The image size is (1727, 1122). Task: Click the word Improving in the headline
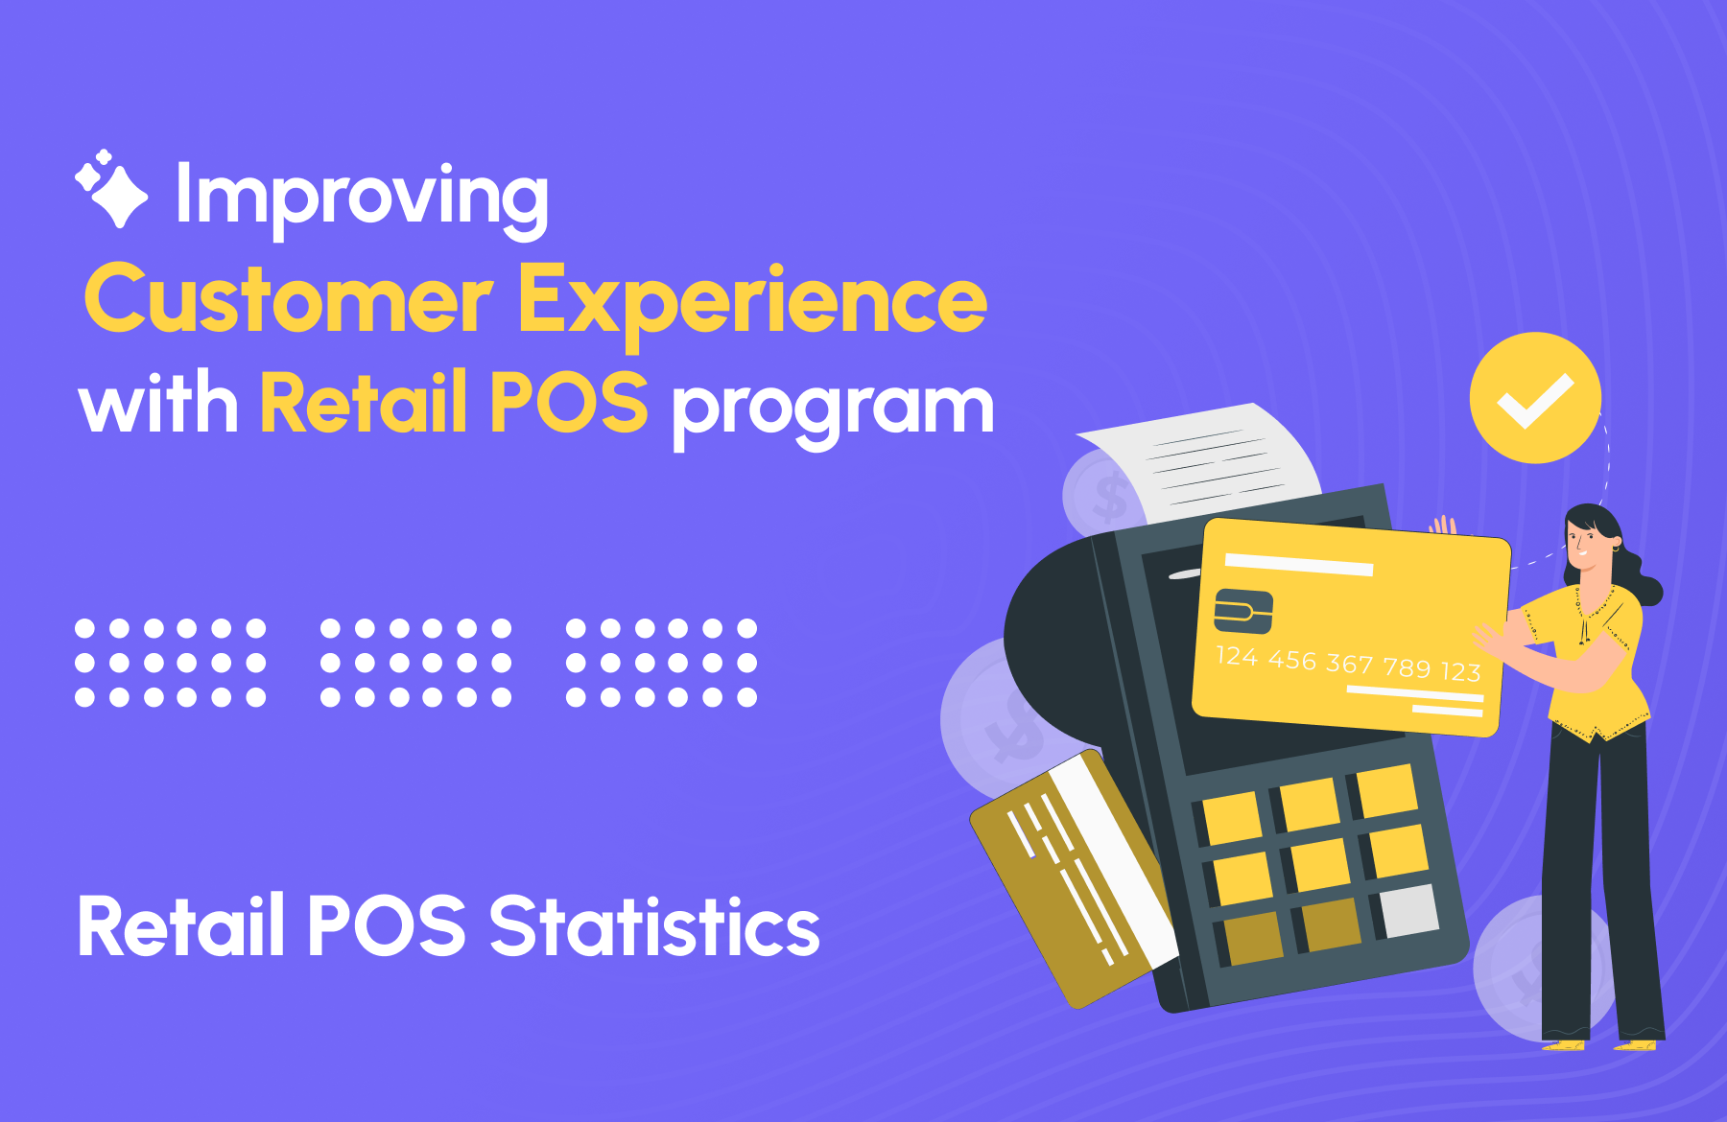tap(362, 199)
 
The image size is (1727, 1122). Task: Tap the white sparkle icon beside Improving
tap(111, 189)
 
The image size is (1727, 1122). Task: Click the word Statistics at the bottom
tap(654, 926)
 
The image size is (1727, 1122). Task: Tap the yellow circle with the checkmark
tap(1535, 398)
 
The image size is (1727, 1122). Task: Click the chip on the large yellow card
tap(1243, 611)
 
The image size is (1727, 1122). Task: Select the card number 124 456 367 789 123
tap(1348, 664)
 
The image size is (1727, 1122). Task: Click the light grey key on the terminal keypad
tap(1408, 911)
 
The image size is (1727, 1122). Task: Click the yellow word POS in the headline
tap(568, 402)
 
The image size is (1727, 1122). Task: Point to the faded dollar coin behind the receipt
tap(1103, 494)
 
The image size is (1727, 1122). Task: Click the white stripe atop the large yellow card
tap(1299, 565)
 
